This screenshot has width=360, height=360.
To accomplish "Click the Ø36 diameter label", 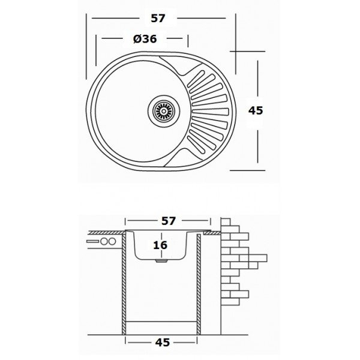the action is click(x=145, y=38).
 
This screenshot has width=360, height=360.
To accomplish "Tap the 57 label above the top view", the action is click(x=158, y=19).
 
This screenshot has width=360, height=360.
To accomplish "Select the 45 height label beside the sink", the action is click(x=256, y=110).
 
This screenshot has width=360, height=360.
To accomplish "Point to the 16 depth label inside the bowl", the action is click(x=160, y=245).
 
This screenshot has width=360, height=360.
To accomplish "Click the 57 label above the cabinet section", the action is click(x=169, y=221).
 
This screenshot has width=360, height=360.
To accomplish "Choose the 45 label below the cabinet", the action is click(x=163, y=343).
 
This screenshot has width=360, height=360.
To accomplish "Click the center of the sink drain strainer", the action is click(x=164, y=111).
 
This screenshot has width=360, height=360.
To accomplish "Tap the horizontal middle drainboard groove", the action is click(x=211, y=112).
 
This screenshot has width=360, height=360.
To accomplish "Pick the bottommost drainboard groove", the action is click(x=196, y=145).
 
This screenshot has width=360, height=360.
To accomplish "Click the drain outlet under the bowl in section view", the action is click(x=161, y=261).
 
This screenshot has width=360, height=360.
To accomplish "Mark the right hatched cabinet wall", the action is click(x=199, y=319).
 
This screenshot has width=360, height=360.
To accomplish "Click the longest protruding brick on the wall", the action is click(x=257, y=258).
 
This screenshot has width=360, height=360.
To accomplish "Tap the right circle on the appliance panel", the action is click(x=112, y=241).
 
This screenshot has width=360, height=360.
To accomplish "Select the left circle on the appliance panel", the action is click(x=104, y=241).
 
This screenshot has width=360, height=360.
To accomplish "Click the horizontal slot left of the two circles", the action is click(x=93, y=241).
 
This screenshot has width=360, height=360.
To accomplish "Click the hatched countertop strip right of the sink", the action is click(x=212, y=233).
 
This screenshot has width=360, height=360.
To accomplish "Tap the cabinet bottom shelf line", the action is click(x=161, y=322).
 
